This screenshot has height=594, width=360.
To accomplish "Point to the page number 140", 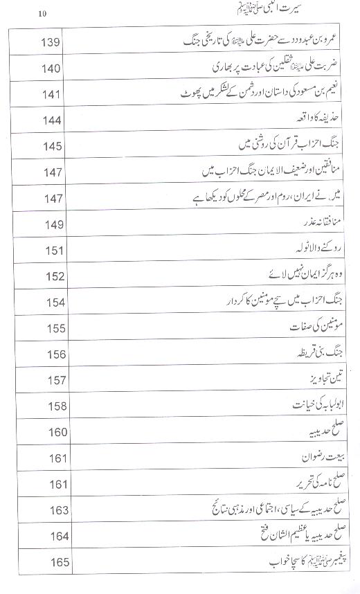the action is (53, 69).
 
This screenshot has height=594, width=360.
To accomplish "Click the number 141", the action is (53, 95).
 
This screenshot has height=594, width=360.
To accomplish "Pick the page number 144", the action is (53, 120).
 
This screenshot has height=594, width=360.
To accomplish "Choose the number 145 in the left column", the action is (53, 146).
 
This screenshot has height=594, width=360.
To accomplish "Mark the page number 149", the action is (53, 224).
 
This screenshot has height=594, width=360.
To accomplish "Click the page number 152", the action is (53, 276).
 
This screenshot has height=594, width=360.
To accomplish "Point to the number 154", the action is (53, 303).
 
